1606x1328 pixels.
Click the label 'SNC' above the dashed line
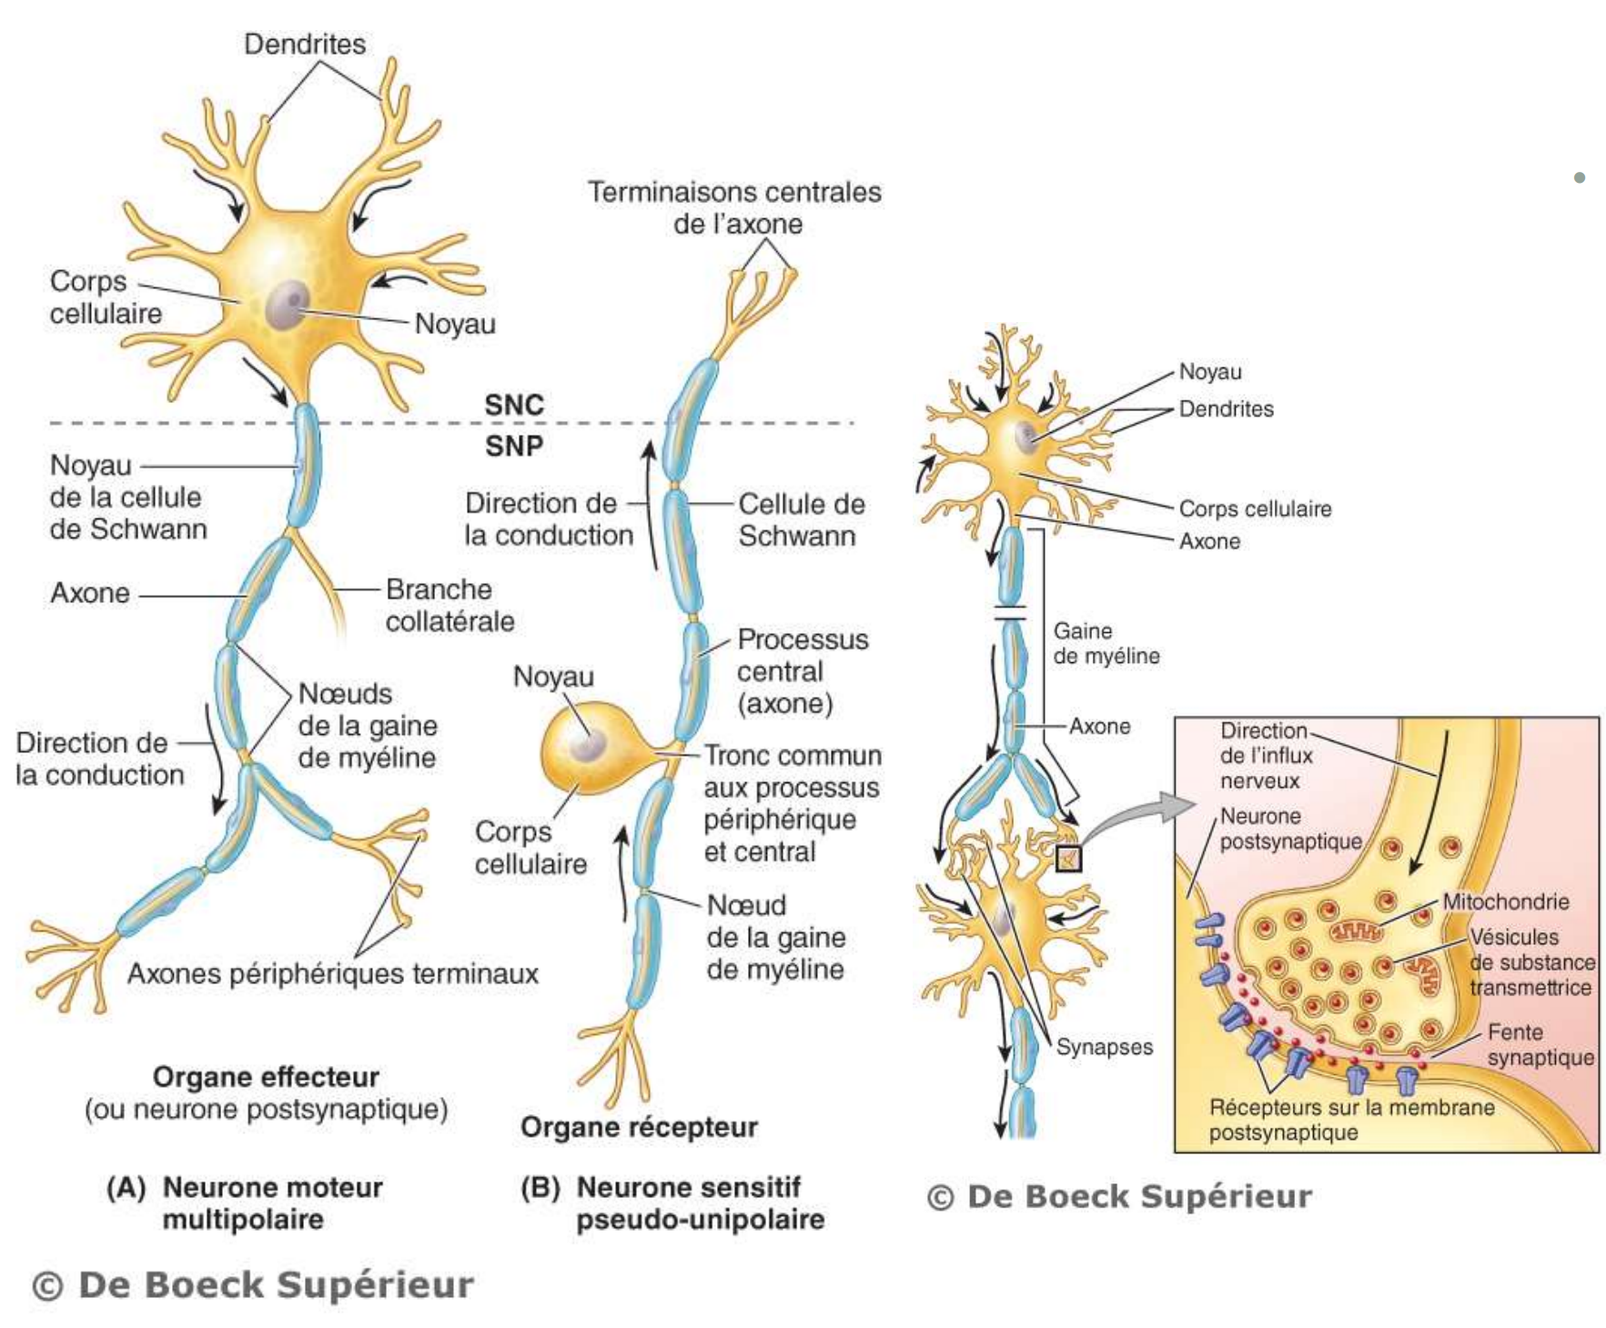click(x=513, y=405)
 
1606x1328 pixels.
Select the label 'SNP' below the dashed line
click(x=513, y=446)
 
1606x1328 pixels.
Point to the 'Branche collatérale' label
click(x=449, y=605)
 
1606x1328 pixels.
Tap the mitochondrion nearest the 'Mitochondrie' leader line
click(x=1357, y=931)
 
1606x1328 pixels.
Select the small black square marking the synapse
click(x=1068, y=858)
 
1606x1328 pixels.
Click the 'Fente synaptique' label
click(x=1540, y=1044)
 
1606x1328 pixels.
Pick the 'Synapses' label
click(x=1104, y=1047)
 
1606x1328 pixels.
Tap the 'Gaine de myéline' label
click(x=1106, y=643)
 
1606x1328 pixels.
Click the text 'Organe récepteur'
click(x=639, y=1127)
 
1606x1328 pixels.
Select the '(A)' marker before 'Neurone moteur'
click(x=126, y=1187)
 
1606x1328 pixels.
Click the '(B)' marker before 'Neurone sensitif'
click(x=540, y=1187)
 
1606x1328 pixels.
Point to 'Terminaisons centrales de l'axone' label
click(x=734, y=207)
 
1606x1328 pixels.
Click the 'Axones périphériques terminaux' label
click(x=332, y=974)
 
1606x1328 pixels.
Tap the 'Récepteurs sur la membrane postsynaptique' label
click(x=1350, y=1120)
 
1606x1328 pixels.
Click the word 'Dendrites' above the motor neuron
click(x=305, y=44)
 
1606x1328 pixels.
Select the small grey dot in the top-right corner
click(x=1580, y=177)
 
